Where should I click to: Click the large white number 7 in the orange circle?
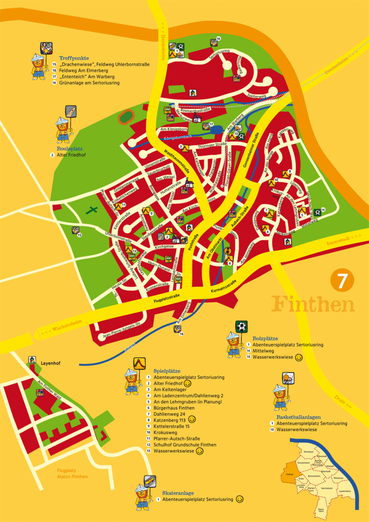342,281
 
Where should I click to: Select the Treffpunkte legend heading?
71,58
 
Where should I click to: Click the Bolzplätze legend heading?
265,338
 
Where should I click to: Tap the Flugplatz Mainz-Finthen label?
69,473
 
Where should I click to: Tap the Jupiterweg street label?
257,96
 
